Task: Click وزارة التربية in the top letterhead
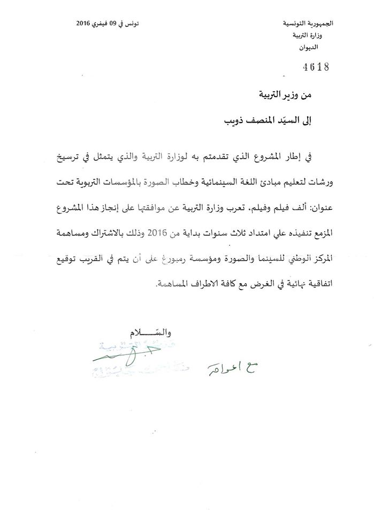coord(311,36)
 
